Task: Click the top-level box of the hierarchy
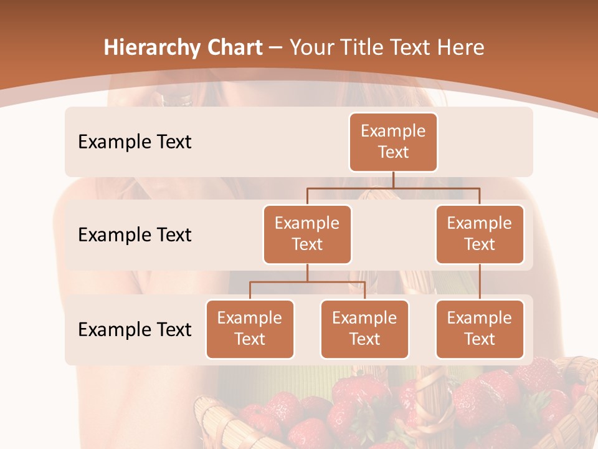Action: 393,142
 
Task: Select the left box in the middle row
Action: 307,234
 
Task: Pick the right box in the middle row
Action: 480,234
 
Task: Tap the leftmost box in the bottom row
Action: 250,329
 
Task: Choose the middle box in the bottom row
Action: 364,329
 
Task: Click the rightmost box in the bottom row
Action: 480,329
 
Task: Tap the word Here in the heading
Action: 462,48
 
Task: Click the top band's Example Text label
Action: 135,142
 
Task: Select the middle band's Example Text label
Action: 135,235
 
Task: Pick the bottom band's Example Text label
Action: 135,329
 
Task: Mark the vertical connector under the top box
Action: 393,180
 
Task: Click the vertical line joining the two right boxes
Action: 480,282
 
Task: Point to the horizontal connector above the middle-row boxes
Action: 393,188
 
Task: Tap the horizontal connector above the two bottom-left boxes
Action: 307,282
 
